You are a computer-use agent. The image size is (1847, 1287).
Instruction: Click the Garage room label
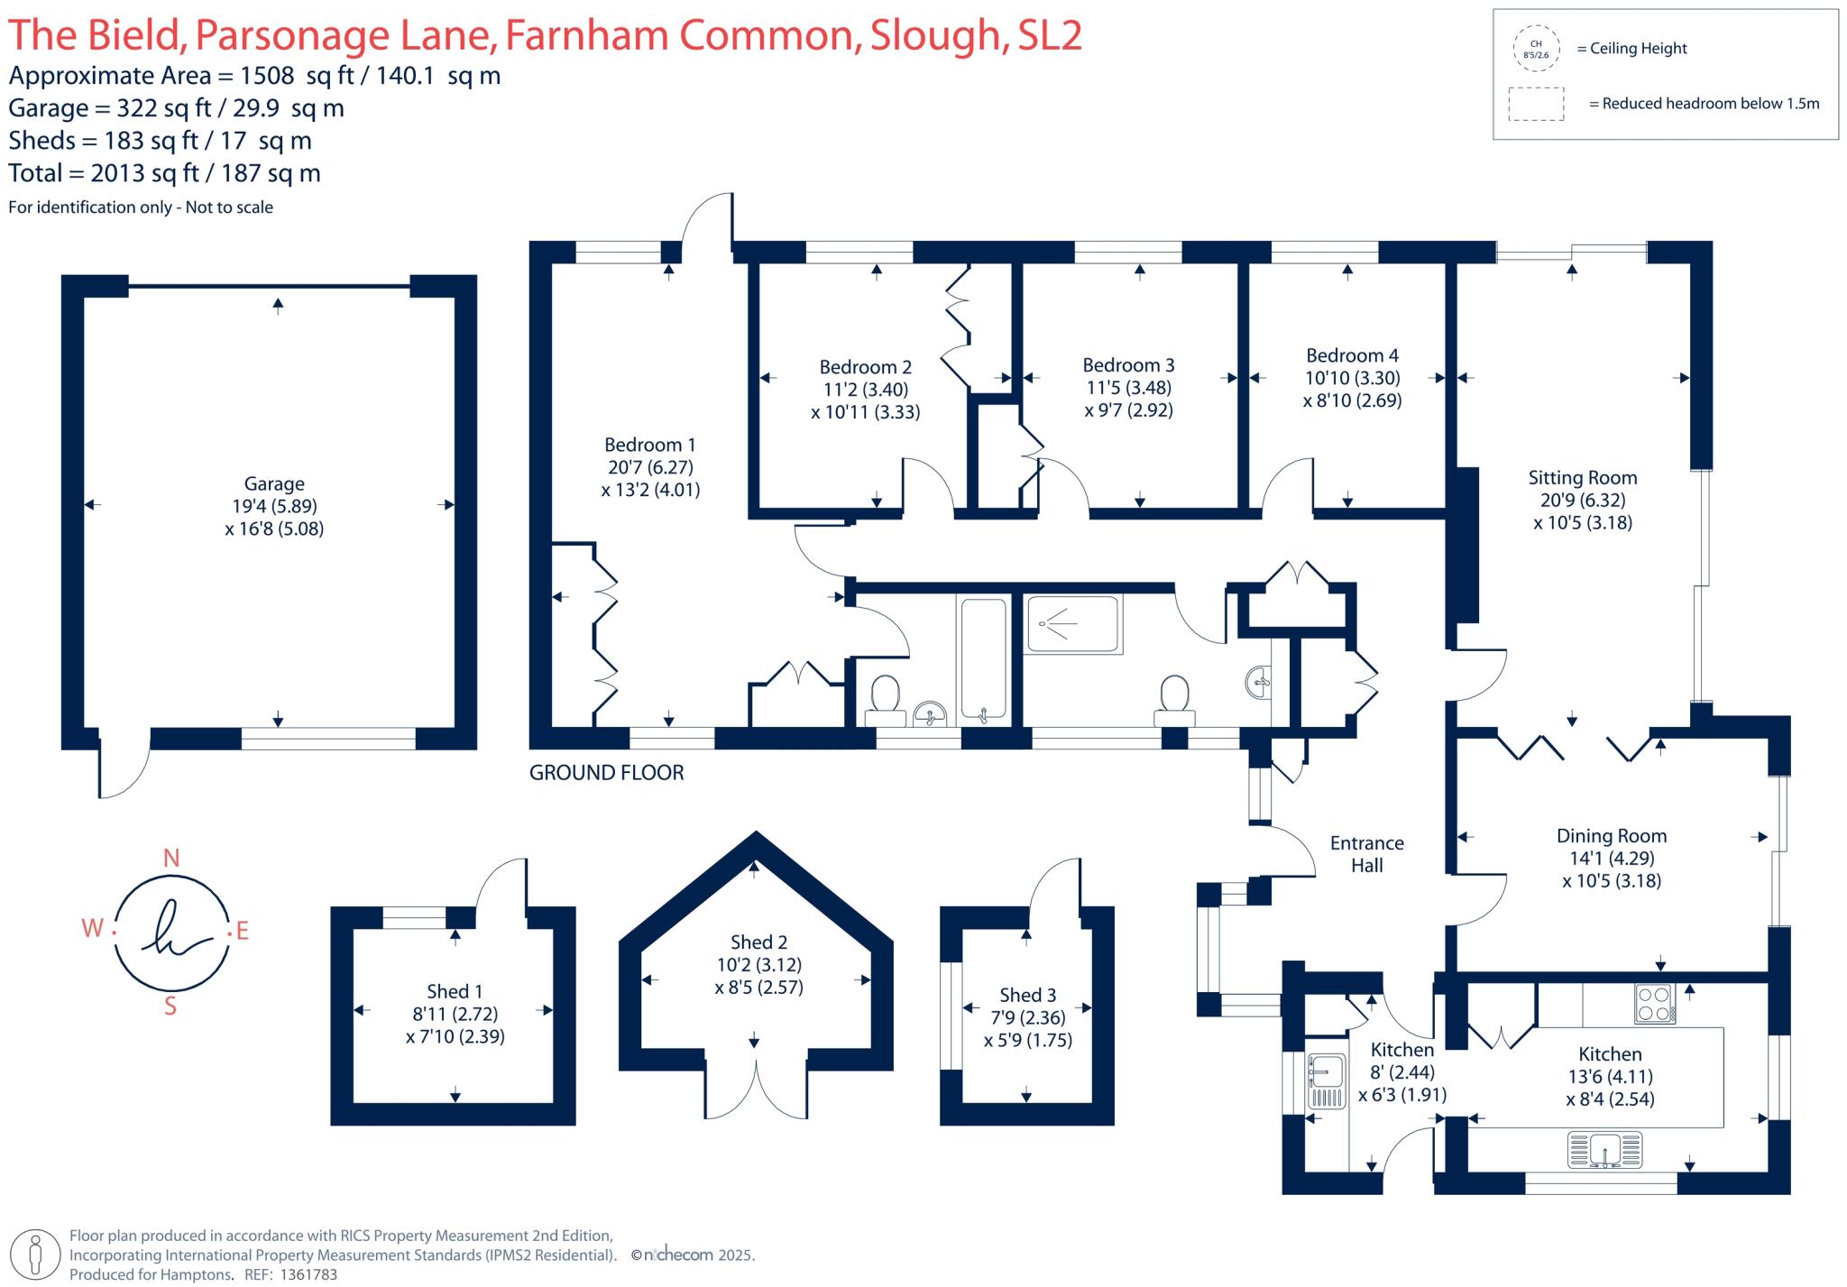(274, 484)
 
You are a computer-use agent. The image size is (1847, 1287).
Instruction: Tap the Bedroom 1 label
(649, 445)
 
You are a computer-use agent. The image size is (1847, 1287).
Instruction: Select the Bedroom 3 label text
(1128, 365)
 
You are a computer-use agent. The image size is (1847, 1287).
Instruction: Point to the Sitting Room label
(1582, 478)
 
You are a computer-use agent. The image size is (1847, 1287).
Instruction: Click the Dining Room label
(1612, 836)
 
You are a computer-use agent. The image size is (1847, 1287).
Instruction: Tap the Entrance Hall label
(1367, 854)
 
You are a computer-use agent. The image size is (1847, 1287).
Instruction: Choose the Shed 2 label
(758, 942)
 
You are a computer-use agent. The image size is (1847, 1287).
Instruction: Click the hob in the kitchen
(1655, 1004)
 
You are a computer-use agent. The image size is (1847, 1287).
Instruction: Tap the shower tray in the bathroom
(1073, 624)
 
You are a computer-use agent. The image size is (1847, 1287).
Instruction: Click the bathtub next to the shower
(983, 660)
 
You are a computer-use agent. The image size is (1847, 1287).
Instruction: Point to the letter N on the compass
(170, 859)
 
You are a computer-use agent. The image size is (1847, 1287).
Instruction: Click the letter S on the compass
(170, 1007)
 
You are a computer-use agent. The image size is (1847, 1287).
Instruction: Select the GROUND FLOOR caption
(606, 773)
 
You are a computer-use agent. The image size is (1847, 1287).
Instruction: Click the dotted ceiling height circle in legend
(1536, 49)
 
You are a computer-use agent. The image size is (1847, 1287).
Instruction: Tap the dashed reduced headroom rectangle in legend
(1536, 104)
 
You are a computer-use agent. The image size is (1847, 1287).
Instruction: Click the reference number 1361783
(308, 1275)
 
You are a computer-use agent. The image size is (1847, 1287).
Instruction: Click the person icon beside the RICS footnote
(36, 1255)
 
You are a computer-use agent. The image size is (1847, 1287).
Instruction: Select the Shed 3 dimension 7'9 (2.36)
(1027, 1018)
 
